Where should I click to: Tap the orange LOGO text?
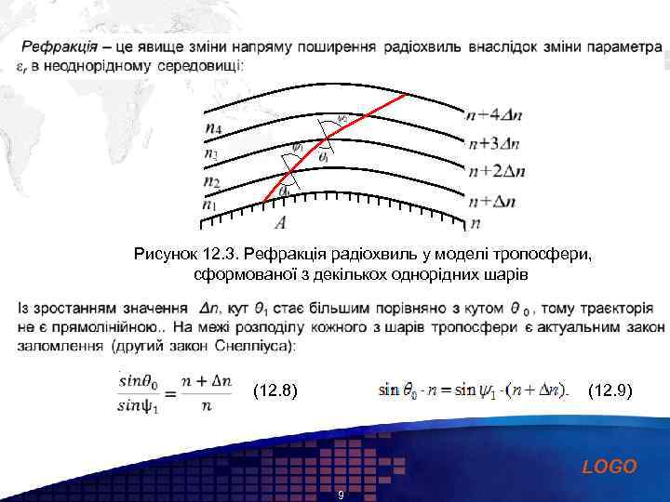610,467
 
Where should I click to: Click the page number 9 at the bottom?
341,495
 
